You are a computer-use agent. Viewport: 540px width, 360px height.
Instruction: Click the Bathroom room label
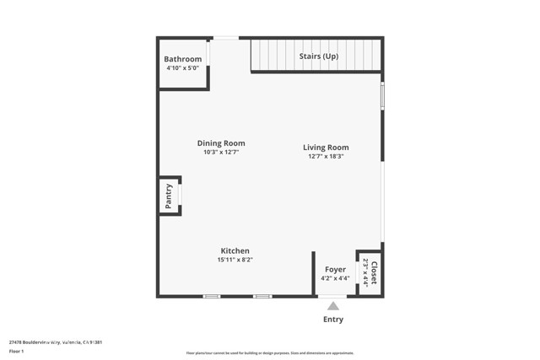click(x=183, y=59)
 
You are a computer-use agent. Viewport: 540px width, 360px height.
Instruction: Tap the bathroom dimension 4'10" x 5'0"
click(x=182, y=67)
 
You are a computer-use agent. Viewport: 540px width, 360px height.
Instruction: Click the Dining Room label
click(x=221, y=143)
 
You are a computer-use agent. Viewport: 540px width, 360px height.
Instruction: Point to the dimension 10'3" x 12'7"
click(x=221, y=153)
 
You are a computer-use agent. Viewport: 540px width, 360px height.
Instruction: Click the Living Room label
click(x=326, y=148)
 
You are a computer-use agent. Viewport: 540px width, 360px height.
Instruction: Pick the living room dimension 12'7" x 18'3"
click(x=326, y=157)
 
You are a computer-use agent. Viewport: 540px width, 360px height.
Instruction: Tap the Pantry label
click(x=169, y=196)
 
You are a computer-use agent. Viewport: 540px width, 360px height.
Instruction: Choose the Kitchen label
click(x=235, y=250)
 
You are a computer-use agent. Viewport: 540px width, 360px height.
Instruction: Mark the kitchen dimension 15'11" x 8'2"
click(x=235, y=260)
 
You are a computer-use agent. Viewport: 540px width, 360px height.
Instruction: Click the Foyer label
click(x=335, y=270)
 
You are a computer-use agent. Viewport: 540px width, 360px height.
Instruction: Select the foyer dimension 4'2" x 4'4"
click(x=335, y=279)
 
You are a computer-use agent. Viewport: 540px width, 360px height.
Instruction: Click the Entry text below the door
click(x=333, y=320)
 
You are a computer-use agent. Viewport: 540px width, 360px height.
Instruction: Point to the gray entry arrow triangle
click(x=333, y=306)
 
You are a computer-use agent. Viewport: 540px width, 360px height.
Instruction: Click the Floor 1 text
click(x=17, y=350)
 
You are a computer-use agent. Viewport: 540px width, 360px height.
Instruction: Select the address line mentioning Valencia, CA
click(x=56, y=341)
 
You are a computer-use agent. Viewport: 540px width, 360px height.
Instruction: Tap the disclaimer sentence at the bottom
click(x=270, y=353)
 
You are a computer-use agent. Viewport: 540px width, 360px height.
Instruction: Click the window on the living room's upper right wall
click(x=382, y=95)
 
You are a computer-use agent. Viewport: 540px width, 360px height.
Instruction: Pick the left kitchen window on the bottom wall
click(x=212, y=296)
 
